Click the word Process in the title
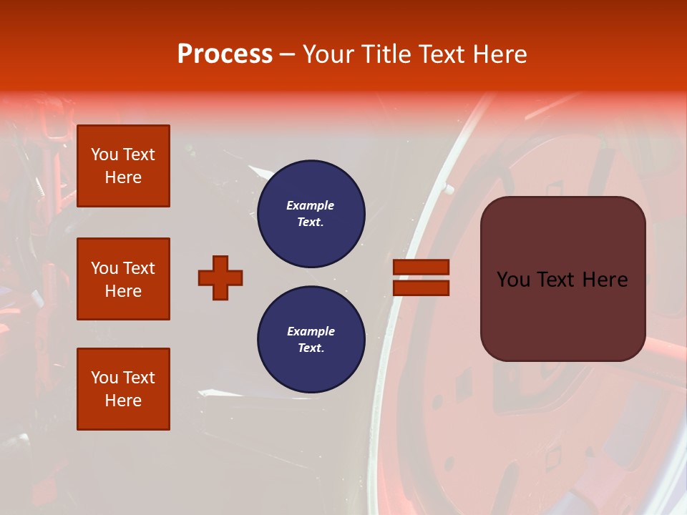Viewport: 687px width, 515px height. point(225,54)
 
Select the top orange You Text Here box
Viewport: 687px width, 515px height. point(123,166)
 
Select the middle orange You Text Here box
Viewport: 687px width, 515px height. point(123,279)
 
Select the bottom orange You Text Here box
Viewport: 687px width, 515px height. point(123,389)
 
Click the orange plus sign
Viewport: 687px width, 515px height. point(220,278)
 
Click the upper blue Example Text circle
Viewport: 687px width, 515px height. point(311,214)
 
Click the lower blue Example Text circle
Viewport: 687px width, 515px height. point(311,339)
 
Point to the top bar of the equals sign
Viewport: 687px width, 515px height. point(421,267)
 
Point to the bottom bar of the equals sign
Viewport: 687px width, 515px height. point(421,288)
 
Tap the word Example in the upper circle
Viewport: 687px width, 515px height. point(311,205)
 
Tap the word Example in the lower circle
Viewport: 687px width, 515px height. point(311,331)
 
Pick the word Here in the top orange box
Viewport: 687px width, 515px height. point(123,177)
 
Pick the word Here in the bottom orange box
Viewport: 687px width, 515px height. point(123,401)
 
